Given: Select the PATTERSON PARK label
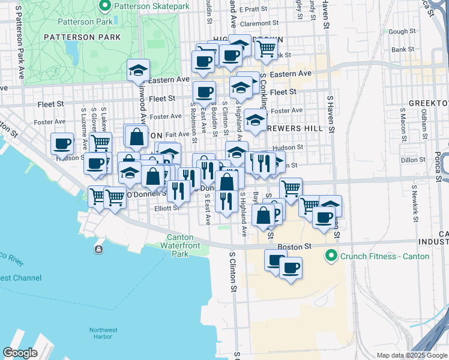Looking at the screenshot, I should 82,37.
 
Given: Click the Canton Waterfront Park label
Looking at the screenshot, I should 180,245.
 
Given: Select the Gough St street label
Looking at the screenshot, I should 402,32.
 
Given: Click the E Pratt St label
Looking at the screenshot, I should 252,9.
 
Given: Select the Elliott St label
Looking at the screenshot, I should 166,208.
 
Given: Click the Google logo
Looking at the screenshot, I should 20,352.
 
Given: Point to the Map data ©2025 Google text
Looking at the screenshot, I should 411,355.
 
